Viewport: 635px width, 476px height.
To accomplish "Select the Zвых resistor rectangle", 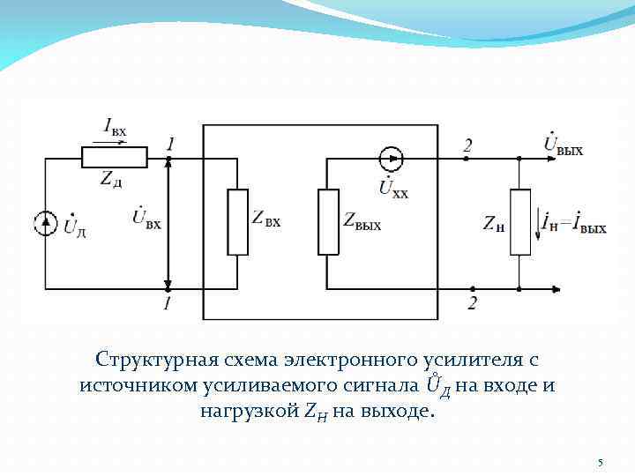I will pos(328,222).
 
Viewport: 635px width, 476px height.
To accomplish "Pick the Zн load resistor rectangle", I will pos(520,222).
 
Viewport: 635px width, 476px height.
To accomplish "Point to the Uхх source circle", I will pos(391,159).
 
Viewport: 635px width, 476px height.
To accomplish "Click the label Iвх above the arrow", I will pos(115,129).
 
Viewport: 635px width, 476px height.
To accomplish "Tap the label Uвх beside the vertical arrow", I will pos(146,218).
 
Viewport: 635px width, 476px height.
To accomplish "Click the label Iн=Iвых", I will pos(575,224).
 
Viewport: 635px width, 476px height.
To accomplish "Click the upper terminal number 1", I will pos(170,144).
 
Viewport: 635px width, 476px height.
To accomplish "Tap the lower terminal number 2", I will pos(474,303).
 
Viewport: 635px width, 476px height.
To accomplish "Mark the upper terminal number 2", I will pos(467,145).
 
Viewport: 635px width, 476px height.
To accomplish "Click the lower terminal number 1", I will pos(168,303).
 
